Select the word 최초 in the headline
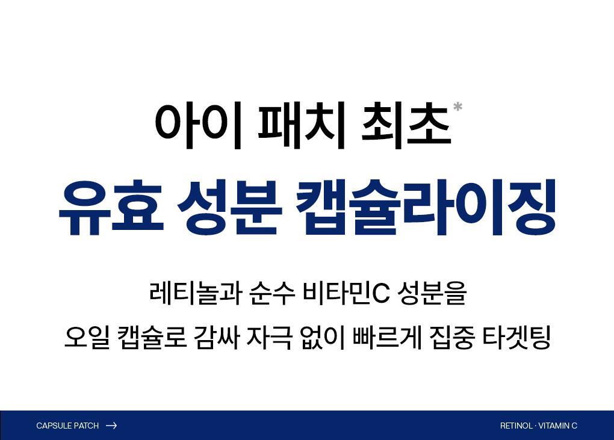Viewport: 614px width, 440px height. coord(406,125)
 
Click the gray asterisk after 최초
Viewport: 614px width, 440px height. coord(457,107)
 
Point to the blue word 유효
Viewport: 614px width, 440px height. coord(111,208)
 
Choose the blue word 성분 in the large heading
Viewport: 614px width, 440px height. coord(229,208)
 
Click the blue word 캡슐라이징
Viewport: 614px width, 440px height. coord(426,208)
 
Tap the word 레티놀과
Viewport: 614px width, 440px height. coord(195,293)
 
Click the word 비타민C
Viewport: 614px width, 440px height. coord(346,293)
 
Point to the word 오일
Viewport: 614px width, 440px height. coord(87,337)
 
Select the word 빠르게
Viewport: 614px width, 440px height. coord(388,337)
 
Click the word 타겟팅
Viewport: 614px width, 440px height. coord(516,337)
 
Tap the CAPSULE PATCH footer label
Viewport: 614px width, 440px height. coord(67,426)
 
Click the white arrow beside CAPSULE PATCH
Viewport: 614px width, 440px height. coord(111,426)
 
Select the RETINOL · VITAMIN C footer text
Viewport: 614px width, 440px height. coord(538,426)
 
